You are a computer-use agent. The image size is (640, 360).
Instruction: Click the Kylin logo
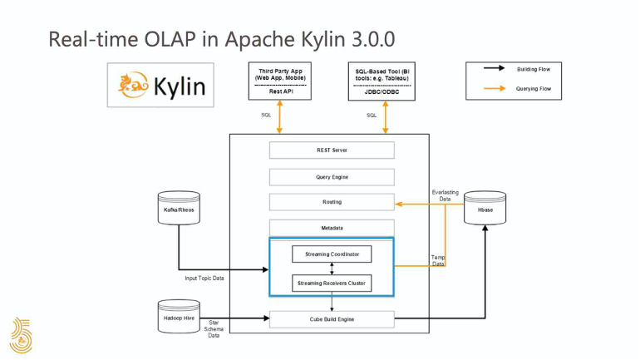tap(160, 86)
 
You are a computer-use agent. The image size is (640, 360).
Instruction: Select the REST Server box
tap(332, 150)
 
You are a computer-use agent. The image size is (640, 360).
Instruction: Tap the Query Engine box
tap(332, 176)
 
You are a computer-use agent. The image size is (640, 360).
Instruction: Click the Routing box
tap(332, 202)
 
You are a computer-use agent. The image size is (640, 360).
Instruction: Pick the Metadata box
tap(332, 228)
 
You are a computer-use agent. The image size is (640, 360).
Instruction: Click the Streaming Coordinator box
tap(332, 254)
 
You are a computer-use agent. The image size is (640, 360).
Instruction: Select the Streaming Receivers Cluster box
tap(332, 284)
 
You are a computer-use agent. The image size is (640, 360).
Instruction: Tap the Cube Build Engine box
tap(332, 318)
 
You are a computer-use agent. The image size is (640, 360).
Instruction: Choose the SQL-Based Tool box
tap(383, 81)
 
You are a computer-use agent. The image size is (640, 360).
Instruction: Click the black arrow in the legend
tap(497, 69)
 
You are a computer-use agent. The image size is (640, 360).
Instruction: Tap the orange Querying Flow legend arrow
tap(497, 88)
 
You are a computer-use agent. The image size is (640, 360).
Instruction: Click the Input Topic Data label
tap(204, 278)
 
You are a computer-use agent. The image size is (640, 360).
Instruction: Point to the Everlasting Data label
tap(445, 195)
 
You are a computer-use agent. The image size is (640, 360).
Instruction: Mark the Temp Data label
tap(438, 261)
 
